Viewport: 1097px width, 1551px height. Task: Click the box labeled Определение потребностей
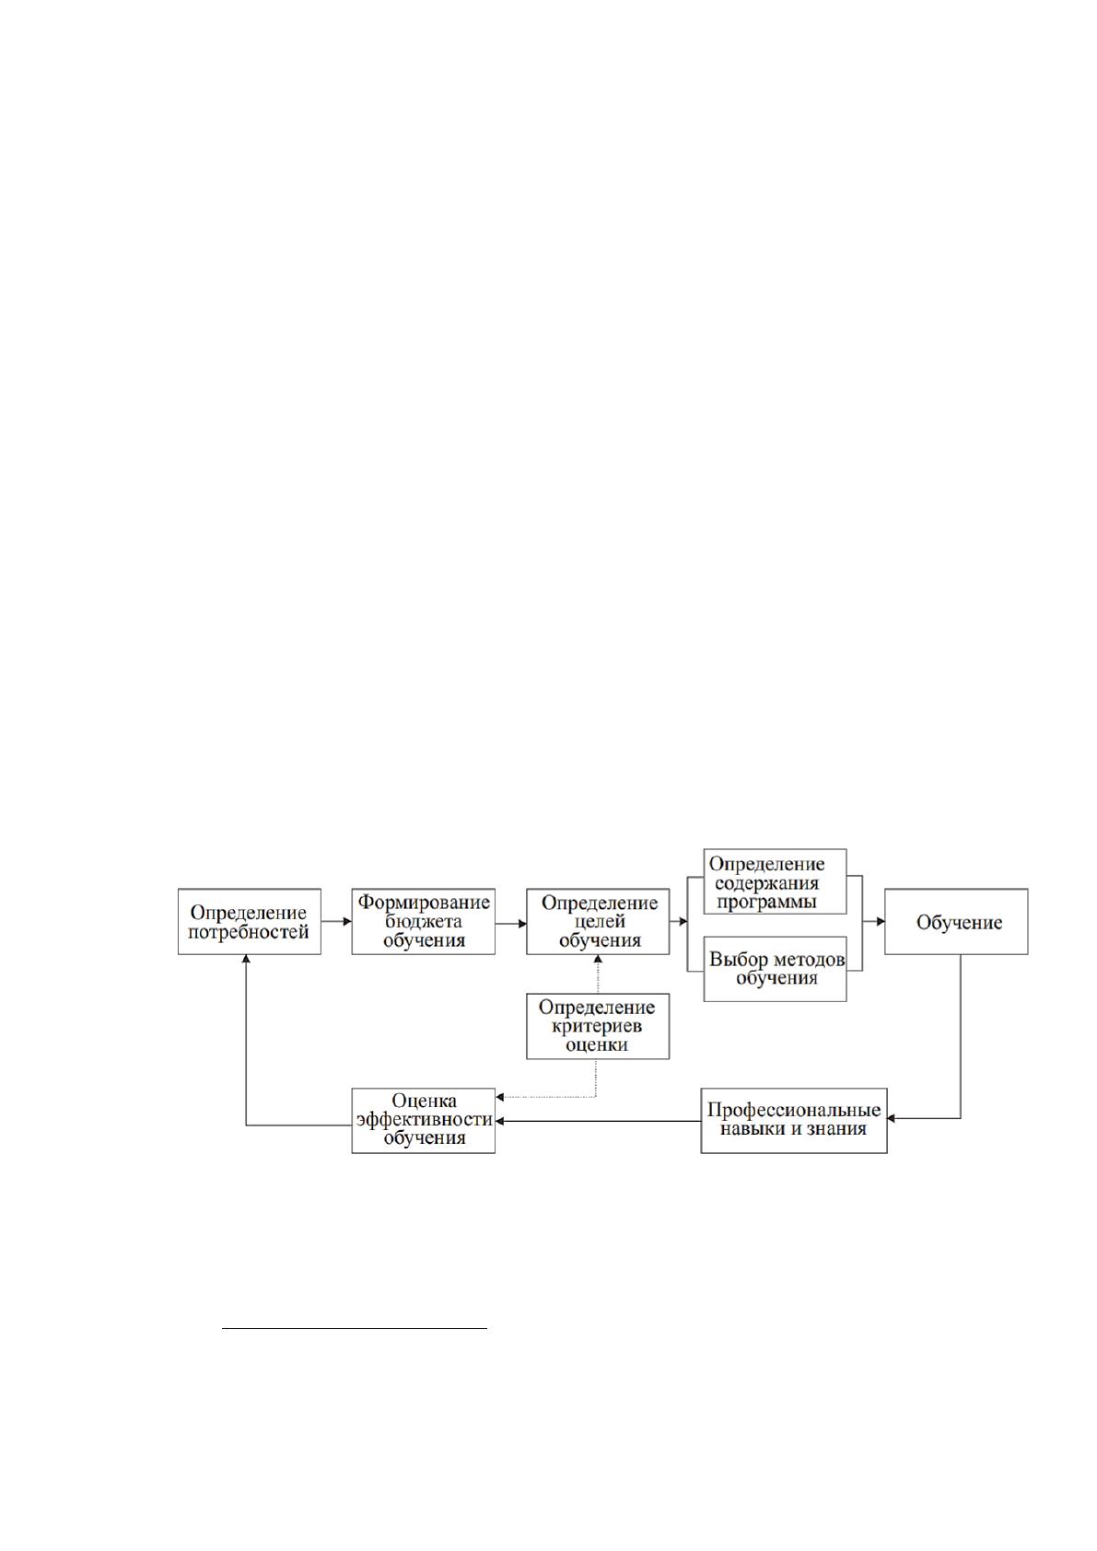click(250, 922)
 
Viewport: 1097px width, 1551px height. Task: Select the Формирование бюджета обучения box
click(423, 922)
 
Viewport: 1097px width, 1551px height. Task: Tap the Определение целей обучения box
click(598, 922)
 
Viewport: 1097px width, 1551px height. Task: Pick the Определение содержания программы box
click(775, 881)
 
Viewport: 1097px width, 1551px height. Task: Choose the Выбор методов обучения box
click(775, 969)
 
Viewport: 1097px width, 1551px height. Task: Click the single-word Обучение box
click(956, 922)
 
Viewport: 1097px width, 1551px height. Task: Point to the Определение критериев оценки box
click(598, 1026)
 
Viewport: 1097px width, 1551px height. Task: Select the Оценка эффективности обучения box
click(423, 1120)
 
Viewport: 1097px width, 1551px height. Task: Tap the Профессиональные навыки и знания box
click(794, 1120)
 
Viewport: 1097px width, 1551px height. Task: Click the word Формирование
click(424, 903)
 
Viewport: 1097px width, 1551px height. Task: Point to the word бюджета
click(423, 922)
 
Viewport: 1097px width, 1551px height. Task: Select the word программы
click(766, 903)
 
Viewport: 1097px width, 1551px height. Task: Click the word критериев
click(597, 1026)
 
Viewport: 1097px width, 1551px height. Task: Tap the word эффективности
click(424, 1120)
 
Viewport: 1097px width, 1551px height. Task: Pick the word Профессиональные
click(794, 1111)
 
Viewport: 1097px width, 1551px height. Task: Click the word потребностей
click(249, 932)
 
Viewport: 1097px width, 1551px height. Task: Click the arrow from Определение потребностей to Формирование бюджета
click(336, 922)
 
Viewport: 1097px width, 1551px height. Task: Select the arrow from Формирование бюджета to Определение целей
click(511, 923)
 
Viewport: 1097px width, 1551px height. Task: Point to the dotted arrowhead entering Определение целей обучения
click(598, 959)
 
